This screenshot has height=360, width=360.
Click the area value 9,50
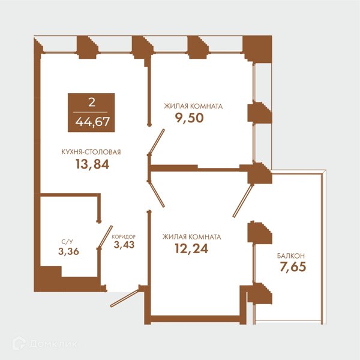[x=189, y=118]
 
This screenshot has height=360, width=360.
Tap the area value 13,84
[x=92, y=164]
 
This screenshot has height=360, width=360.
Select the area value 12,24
[x=191, y=248]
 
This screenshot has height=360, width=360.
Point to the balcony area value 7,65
[x=293, y=267]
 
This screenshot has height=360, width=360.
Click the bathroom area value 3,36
[x=68, y=251]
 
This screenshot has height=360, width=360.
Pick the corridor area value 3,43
[x=124, y=245]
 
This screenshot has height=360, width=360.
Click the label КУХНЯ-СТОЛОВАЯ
[x=91, y=152]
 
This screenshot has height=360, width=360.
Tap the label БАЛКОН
[x=291, y=256]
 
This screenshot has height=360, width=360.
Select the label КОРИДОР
[x=124, y=237]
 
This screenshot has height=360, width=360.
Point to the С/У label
[x=67, y=242]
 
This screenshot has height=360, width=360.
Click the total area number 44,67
[x=92, y=122]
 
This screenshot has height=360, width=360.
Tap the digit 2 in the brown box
[x=92, y=103]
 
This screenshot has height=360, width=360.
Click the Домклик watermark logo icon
[x=19, y=343]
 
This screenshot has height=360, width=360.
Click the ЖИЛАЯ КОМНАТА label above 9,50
[x=193, y=106]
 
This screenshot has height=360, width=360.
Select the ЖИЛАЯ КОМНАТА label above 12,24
[x=192, y=237]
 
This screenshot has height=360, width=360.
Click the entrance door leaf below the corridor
[x=124, y=298]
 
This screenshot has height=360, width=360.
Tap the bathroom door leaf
[x=106, y=236]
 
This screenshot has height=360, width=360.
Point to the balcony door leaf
[x=242, y=201]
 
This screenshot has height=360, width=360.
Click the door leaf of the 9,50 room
[x=157, y=141]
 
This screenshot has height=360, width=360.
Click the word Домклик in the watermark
[x=53, y=344]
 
